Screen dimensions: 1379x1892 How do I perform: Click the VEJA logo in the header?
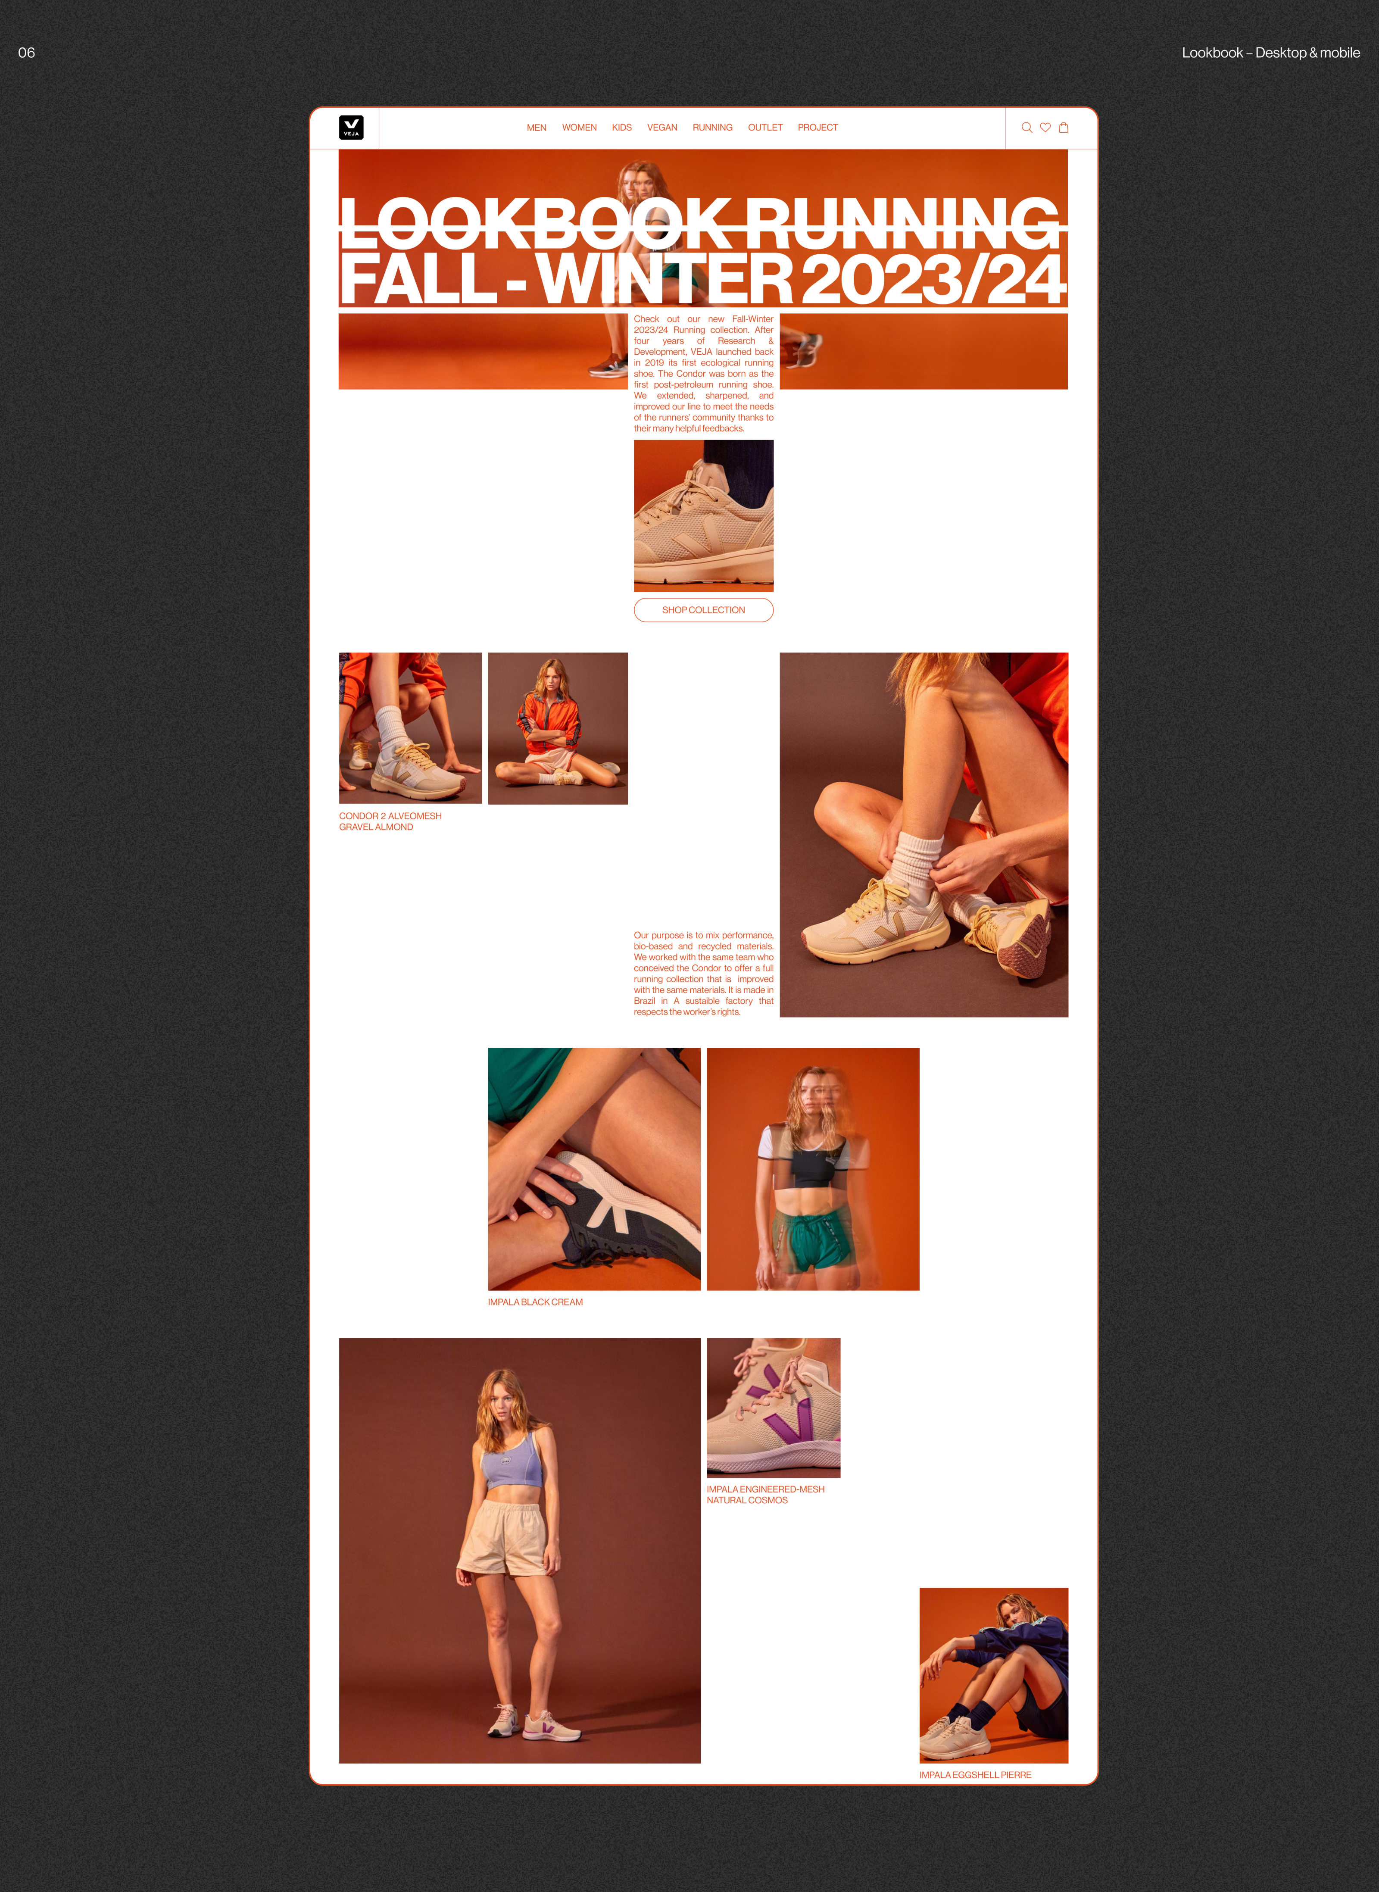point(351,127)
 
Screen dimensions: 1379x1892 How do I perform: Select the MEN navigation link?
point(537,128)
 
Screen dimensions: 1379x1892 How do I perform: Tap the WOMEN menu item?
point(579,128)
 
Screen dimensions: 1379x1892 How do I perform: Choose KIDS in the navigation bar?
point(622,128)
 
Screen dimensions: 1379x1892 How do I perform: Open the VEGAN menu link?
point(662,128)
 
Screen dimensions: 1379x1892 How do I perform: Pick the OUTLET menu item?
point(765,128)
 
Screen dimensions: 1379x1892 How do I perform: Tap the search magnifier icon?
point(1027,128)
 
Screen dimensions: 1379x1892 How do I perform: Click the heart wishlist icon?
point(1045,128)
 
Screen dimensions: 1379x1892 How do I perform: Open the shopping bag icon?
point(1064,128)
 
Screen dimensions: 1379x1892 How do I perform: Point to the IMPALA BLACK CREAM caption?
point(535,1302)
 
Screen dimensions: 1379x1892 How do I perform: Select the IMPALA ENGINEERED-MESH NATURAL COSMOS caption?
point(765,1495)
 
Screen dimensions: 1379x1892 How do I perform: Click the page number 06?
point(27,53)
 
